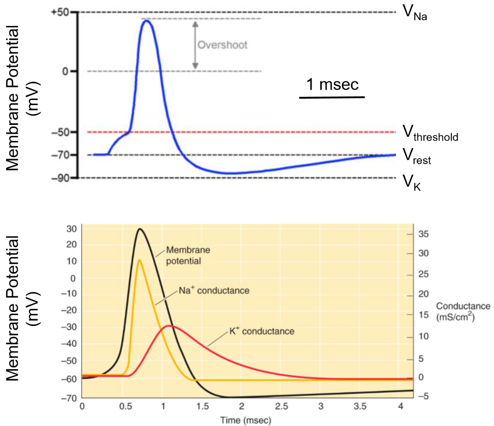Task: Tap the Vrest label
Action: click(417, 156)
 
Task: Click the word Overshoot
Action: click(222, 45)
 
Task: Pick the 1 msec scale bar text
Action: click(332, 84)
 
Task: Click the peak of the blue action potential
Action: click(146, 21)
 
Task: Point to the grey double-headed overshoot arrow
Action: click(195, 45)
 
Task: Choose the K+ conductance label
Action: click(262, 331)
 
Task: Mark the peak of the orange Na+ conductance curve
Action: click(139, 260)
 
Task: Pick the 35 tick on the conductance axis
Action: click(424, 235)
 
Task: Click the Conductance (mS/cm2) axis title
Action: click(456, 310)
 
